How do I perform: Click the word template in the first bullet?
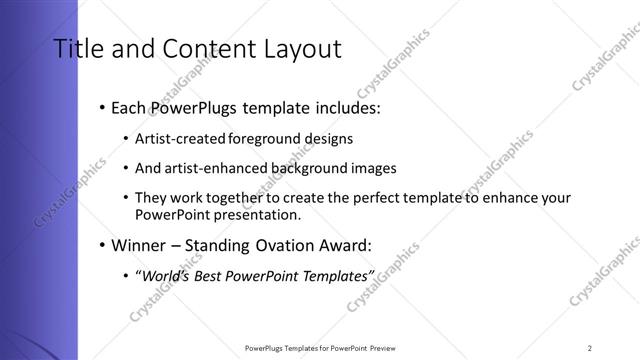(271, 108)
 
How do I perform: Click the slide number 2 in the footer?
(590, 347)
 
